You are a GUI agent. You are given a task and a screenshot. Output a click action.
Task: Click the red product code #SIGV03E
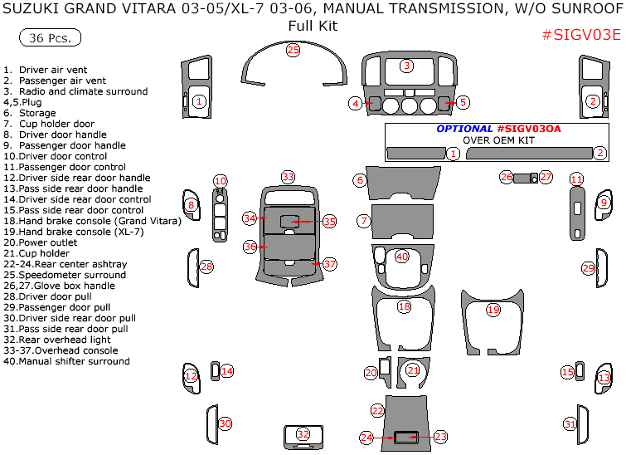pyautogui.click(x=580, y=35)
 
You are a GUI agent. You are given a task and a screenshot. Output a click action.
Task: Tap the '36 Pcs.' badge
pyautogui.click(x=49, y=38)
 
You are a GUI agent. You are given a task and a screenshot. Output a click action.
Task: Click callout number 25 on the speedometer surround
pyautogui.click(x=293, y=50)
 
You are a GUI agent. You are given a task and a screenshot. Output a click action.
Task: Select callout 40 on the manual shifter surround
pyautogui.click(x=402, y=257)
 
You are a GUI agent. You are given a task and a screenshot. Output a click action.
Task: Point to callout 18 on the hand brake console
pyautogui.click(x=404, y=306)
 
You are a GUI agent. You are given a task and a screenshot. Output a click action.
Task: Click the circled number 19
pyautogui.click(x=493, y=310)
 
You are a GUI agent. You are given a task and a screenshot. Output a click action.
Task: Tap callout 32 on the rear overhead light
pyautogui.click(x=303, y=434)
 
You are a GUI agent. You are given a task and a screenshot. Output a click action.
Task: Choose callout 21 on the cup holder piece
pyautogui.click(x=413, y=370)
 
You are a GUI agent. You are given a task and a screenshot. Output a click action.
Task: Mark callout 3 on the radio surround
pyautogui.click(x=406, y=66)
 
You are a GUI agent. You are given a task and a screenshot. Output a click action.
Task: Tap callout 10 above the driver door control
pyautogui.click(x=220, y=181)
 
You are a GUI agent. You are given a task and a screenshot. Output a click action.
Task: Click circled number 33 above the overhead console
pyautogui.click(x=288, y=177)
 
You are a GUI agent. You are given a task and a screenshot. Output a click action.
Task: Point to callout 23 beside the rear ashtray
pyautogui.click(x=440, y=436)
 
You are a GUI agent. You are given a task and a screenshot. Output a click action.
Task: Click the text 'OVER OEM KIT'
pyautogui.click(x=498, y=140)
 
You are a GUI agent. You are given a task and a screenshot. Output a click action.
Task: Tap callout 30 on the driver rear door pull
pyautogui.click(x=225, y=423)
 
